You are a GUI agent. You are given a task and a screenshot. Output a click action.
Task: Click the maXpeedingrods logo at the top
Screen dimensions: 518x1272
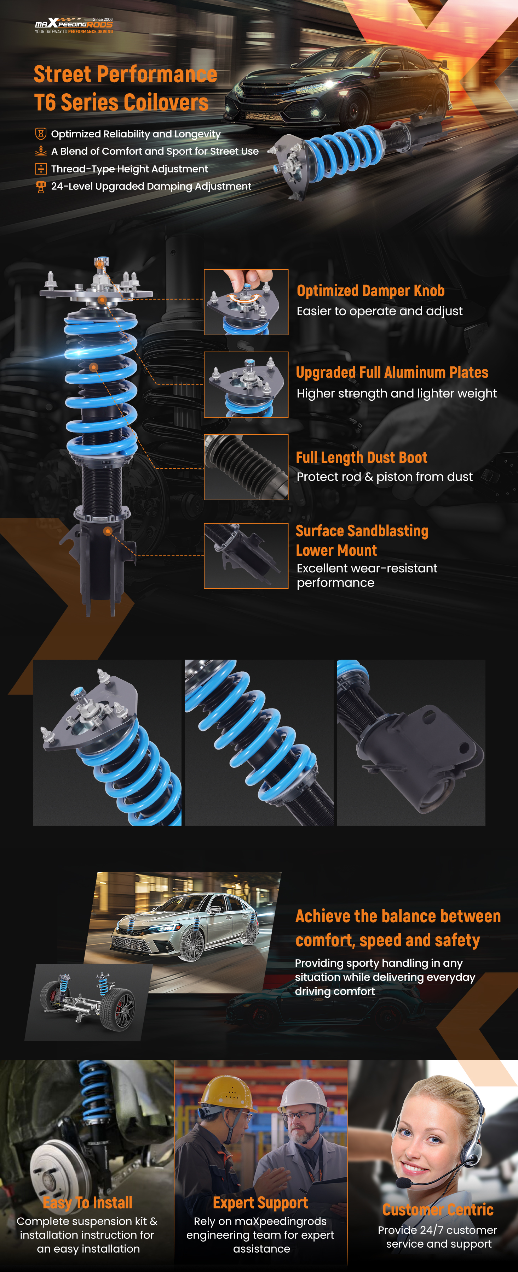(74, 25)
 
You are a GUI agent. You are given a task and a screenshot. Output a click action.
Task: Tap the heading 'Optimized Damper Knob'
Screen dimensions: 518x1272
(370, 291)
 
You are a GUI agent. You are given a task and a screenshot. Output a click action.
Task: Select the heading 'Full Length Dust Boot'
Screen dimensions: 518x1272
(361, 458)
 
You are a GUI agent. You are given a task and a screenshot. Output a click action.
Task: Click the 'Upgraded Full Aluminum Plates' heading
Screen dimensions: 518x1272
(392, 372)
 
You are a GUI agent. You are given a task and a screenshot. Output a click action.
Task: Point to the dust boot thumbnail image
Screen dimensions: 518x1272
(246, 467)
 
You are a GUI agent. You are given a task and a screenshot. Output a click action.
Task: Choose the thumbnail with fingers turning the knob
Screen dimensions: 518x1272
(246, 302)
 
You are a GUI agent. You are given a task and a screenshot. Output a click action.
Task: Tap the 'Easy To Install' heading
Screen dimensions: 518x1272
(87, 1202)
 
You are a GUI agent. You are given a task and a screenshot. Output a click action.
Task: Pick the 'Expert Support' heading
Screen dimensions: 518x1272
(260, 1202)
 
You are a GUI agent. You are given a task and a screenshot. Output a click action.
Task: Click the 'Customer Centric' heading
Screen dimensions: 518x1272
(438, 1210)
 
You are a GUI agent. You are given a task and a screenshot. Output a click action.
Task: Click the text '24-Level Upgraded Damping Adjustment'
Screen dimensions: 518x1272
(151, 186)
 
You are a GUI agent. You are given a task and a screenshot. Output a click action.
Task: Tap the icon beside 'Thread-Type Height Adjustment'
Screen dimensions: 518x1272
(41, 169)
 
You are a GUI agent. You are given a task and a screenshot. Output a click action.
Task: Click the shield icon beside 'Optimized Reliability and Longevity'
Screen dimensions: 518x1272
(41, 134)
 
